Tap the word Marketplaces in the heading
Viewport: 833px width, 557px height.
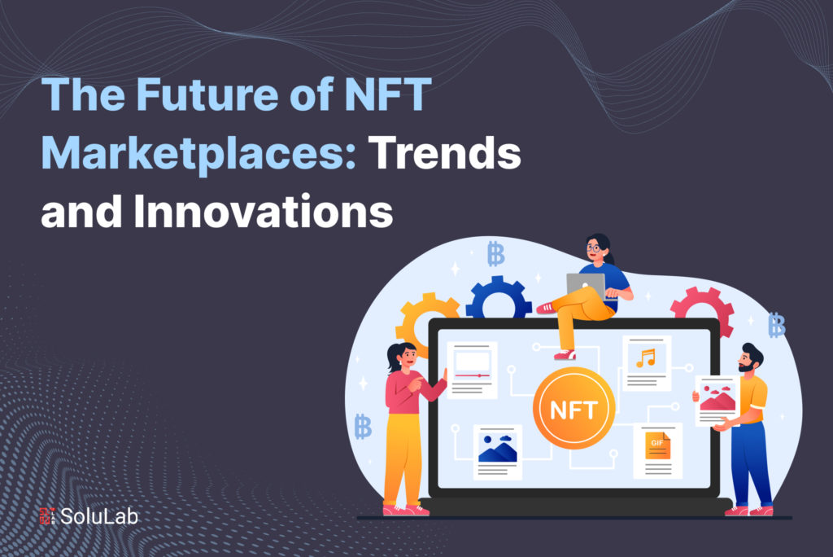pos(199,152)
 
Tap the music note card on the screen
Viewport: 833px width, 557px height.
pos(647,362)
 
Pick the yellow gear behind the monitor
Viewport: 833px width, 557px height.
pos(422,321)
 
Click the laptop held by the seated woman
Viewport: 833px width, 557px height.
pos(587,284)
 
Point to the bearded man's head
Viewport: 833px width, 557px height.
pos(749,359)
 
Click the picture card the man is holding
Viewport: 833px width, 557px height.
pos(717,400)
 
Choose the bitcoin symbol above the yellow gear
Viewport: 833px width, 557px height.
pos(495,253)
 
